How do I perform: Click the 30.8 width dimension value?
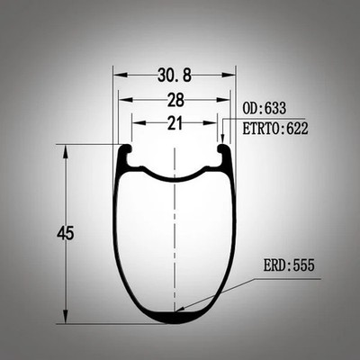pyautogui.click(x=175, y=75)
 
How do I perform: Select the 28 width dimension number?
pyautogui.click(x=175, y=100)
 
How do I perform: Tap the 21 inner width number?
pyautogui.click(x=175, y=123)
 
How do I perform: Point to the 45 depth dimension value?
pyautogui.click(x=66, y=233)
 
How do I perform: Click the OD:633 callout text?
pyautogui.click(x=265, y=108)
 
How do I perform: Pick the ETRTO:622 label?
pyautogui.click(x=275, y=129)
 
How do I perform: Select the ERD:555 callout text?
pyautogui.click(x=289, y=265)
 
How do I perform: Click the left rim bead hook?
pyautogui.click(x=125, y=149)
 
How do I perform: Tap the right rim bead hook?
pyautogui.click(x=223, y=149)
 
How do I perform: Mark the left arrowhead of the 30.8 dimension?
pyautogui.click(x=120, y=75)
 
